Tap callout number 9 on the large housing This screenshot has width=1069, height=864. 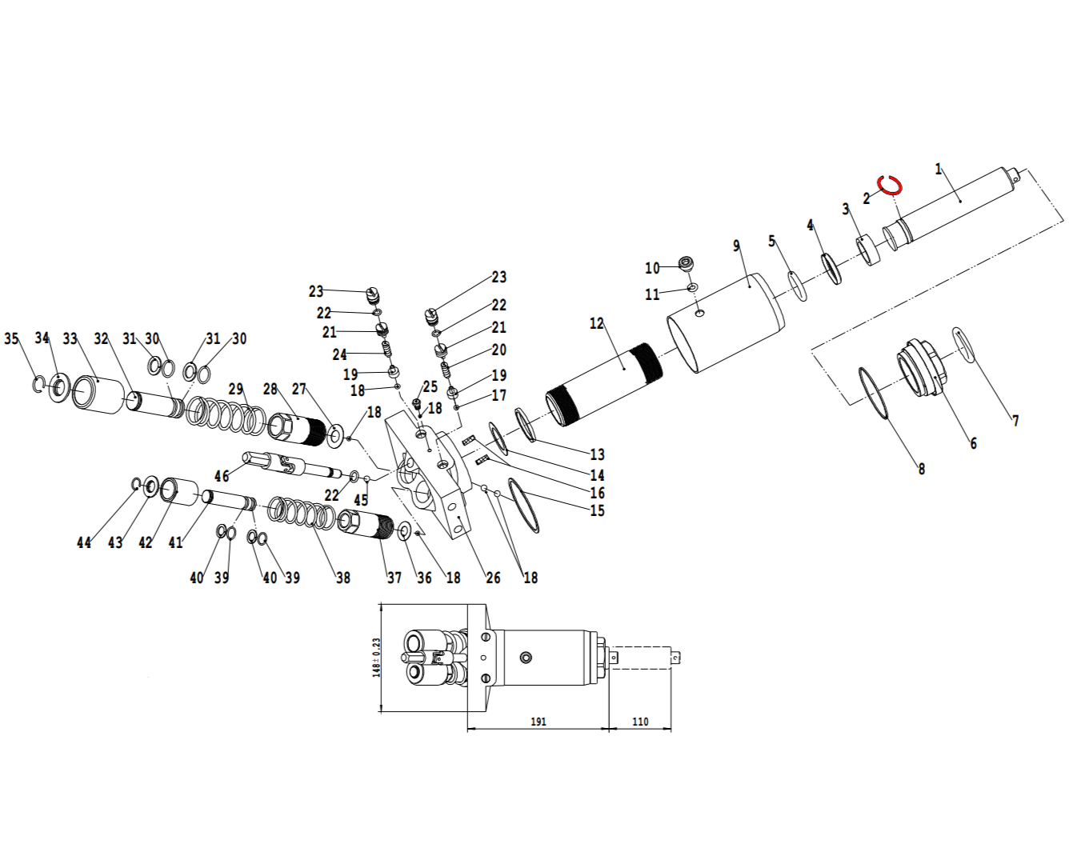point(736,246)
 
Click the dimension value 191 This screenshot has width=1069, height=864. point(538,722)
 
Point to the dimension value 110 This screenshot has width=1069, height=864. point(640,722)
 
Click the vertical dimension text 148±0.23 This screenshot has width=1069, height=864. point(376,658)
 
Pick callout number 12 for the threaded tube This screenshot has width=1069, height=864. point(597,324)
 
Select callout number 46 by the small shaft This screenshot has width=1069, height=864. point(222,476)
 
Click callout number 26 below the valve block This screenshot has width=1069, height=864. point(494,578)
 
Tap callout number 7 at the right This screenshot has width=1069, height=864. point(1015,421)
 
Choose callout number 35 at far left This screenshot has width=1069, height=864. point(11,338)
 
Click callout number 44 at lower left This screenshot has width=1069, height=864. point(84,542)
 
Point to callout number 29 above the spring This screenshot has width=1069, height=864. point(236,389)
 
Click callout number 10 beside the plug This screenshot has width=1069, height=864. point(652,269)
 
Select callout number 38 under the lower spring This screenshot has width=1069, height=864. point(343,578)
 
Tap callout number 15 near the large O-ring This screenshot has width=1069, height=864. point(597,510)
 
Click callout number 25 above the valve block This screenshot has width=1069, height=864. point(430,387)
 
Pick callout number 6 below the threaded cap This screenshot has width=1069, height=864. point(973,443)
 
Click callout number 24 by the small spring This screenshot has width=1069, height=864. point(340,354)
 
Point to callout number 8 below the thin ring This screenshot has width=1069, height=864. point(922,469)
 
